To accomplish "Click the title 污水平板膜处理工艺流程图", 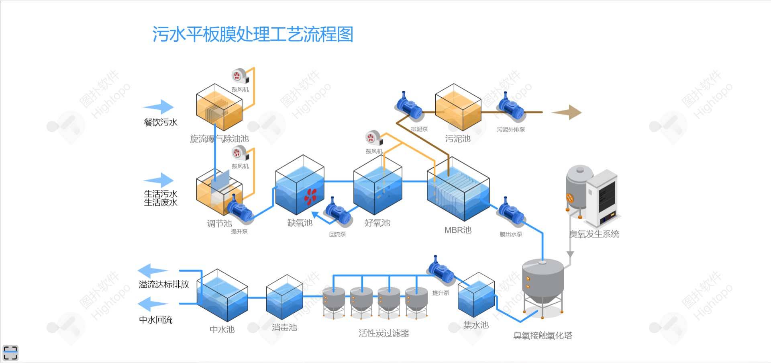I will (253, 34).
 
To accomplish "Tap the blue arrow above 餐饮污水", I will (159, 107).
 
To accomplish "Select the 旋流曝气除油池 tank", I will (219, 107).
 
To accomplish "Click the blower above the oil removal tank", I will (239, 76).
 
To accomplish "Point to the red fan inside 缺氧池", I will (310, 197).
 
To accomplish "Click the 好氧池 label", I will (377, 223).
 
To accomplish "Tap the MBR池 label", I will (458, 230).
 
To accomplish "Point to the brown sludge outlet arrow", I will (567, 113).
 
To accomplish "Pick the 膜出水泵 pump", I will (510, 211).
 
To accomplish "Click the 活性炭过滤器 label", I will (383, 333).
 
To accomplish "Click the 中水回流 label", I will (155, 320).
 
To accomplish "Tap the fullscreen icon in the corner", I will (10, 353).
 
